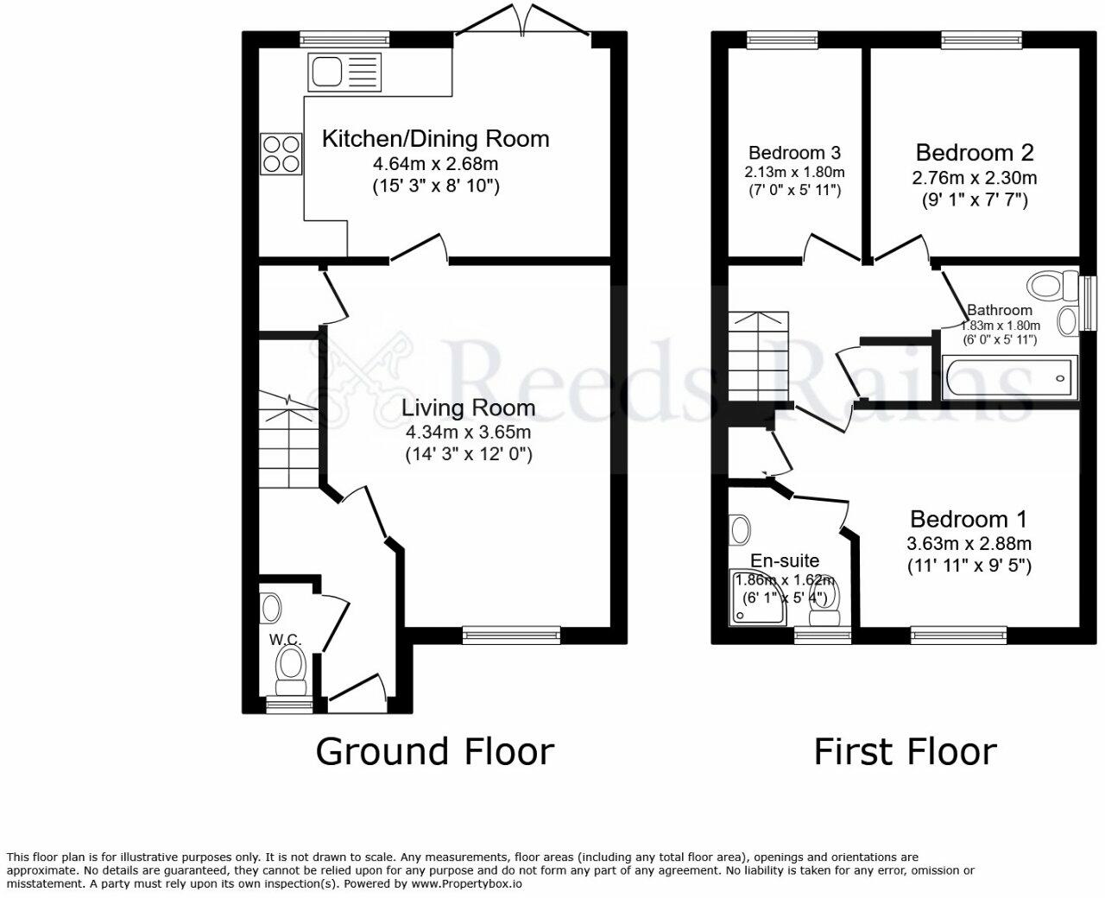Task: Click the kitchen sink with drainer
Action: tap(344, 73)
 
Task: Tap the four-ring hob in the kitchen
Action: tap(281, 154)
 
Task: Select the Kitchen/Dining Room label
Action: tap(436, 139)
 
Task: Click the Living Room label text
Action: tap(469, 408)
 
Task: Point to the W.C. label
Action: tap(286, 639)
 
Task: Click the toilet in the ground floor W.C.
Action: tap(291, 672)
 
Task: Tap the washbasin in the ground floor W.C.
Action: tap(271, 608)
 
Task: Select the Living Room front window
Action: tap(512, 635)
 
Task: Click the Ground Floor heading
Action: tap(435, 751)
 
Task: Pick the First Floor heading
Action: tap(906, 751)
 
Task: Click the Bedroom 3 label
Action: tap(794, 153)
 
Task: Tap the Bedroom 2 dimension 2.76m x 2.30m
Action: tap(975, 178)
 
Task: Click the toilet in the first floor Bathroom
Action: tap(1052, 285)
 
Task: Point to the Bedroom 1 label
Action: tap(969, 519)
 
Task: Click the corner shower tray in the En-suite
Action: tap(759, 598)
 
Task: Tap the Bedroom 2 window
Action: tap(982, 40)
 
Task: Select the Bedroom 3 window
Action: tap(782, 40)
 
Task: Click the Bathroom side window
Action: tap(1089, 303)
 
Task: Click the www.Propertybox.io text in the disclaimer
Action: tap(466, 883)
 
